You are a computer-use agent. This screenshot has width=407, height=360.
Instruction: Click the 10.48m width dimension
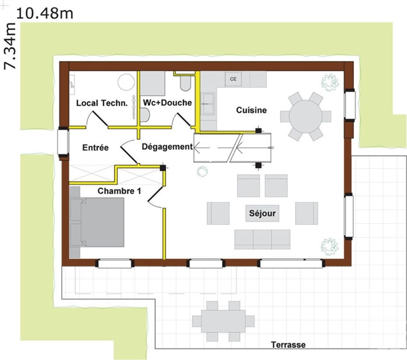(x=44, y=14)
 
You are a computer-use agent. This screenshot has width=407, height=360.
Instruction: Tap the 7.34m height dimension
(x=10, y=46)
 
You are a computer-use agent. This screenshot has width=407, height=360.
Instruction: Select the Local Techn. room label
(x=102, y=103)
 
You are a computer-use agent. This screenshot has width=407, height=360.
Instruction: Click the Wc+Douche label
(x=167, y=103)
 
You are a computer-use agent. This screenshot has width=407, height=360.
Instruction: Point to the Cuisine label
(x=252, y=110)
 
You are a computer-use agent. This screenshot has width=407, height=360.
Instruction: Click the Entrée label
(x=96, y=148)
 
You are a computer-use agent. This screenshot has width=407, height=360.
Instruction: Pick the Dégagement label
(x=167, y=147)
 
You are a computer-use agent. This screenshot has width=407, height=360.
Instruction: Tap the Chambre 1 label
(x=119, y=191)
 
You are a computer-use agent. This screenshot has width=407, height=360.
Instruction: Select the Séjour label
(x=262, y=213)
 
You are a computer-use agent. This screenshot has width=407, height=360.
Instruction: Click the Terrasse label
(x=288, y=344)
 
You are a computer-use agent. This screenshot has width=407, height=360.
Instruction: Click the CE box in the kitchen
(x=233, y=79)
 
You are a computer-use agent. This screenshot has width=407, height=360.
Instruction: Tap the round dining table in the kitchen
(x=306, y=117)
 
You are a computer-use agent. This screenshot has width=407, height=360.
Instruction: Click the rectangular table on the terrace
(x=223, y=321)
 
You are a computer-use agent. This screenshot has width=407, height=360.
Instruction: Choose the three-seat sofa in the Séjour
(x=262, y=240)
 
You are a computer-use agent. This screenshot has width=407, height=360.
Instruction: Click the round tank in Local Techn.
(x=127, y=82)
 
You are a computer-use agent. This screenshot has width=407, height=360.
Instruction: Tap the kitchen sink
(x=208, y=104)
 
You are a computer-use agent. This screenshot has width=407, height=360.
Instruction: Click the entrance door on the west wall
(x=63, y=142)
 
